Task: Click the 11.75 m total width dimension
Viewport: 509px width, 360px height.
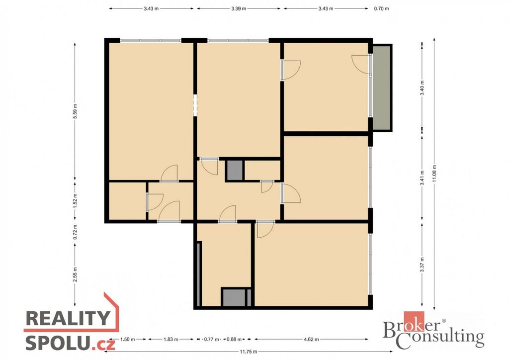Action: point(249,351)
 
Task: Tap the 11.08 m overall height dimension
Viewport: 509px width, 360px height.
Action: point(434,174)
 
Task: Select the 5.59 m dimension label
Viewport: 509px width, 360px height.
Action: point(75,111)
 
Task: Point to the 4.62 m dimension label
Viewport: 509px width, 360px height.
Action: point(311,340)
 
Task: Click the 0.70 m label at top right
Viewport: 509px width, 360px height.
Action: point(381,9)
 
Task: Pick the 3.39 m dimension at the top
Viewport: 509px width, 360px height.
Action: point(239,9)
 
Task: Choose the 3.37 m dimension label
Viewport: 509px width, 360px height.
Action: point(422,265)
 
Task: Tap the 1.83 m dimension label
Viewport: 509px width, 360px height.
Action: point(171,340)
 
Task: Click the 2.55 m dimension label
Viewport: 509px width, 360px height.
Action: point(75,274)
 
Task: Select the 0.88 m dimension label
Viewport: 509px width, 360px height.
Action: point(234,340)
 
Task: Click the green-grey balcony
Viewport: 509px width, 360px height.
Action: point(382,88)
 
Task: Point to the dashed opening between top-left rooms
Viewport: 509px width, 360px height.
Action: point(195,105)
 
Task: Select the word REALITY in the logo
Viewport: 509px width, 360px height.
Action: point(68,318)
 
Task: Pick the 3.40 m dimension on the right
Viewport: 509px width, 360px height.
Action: point(422,88)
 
